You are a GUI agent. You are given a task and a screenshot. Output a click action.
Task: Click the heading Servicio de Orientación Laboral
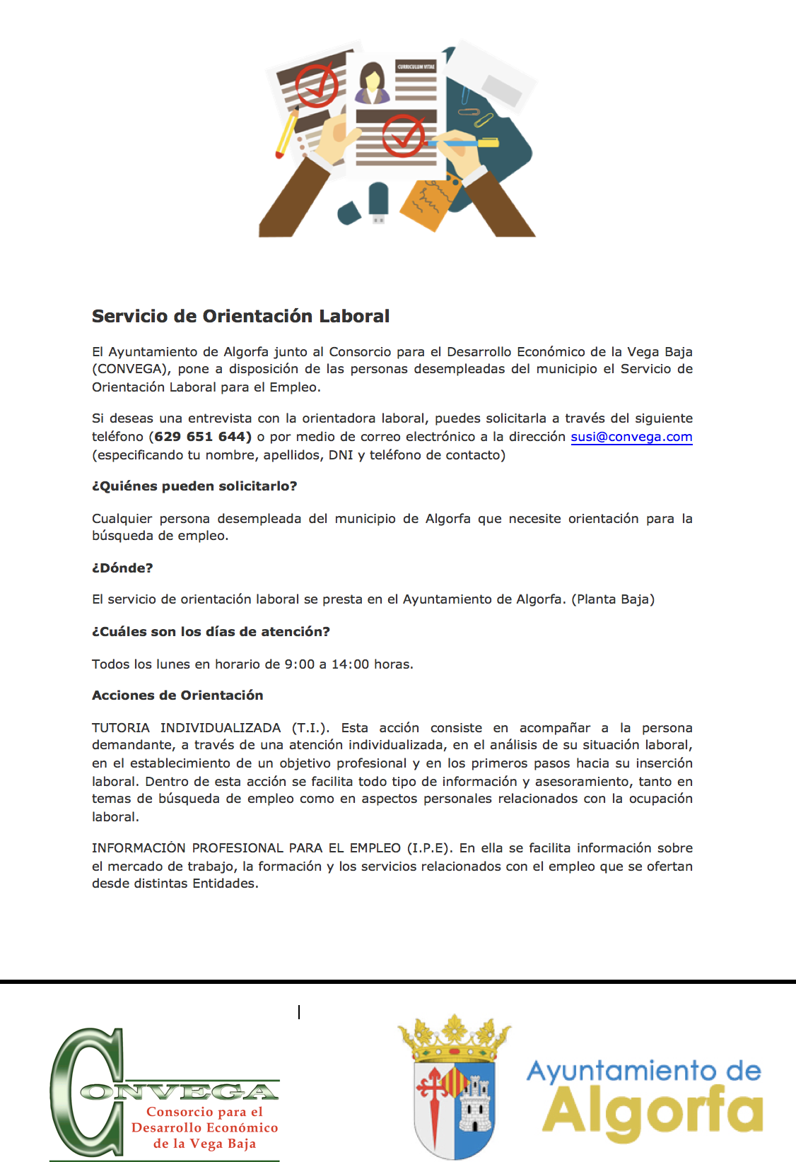[x=240, y=316]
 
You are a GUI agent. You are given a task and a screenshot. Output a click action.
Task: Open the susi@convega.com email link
[x=631, y=437]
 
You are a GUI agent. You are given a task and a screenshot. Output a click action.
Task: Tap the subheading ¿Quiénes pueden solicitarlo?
[x=194, y=486]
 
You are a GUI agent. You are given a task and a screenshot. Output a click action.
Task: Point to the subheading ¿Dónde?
[x=122, y=568]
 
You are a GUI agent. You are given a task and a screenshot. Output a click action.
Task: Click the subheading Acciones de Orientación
[x=177, y=696]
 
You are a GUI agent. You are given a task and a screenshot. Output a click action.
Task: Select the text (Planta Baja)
[x=613, y=599]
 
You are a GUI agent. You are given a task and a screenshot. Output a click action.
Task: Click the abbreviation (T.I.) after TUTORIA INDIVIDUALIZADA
[x=310, y=728]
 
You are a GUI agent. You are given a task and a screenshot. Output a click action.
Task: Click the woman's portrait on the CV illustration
[x=372, y=83]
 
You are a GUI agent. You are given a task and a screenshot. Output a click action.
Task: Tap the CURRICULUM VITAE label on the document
[x=416, y=67]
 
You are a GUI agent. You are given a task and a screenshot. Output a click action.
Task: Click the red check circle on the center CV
[x=403, y=135]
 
